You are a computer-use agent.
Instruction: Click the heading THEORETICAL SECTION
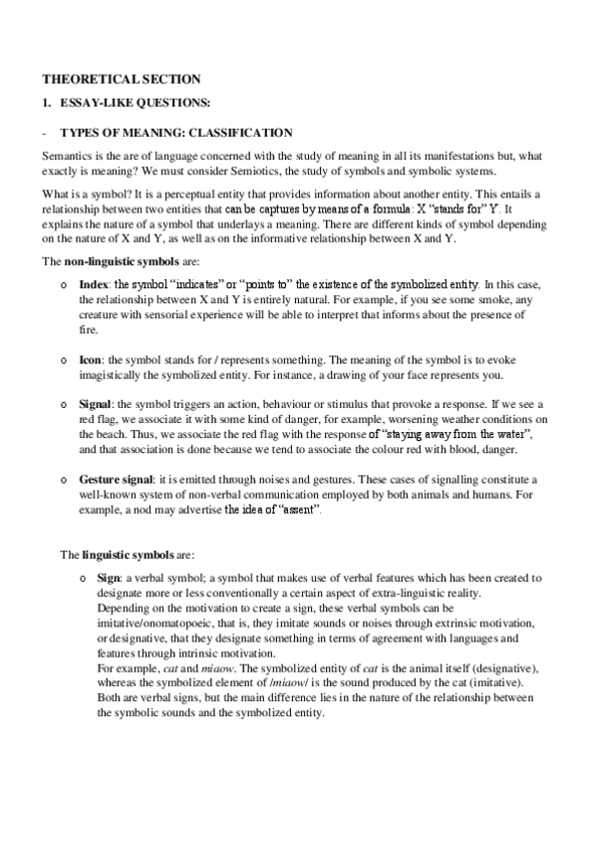(x=121, y=79)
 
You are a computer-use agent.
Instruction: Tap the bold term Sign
(x=93, y=579)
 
